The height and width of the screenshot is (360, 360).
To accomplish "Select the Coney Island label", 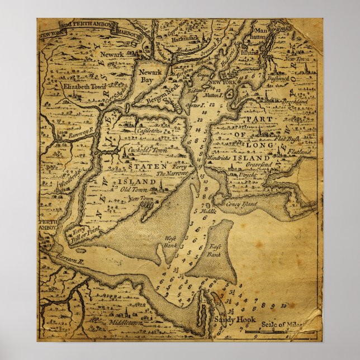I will pyautogui.click(x=241, y=205).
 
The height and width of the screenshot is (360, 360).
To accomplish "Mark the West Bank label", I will pyautogui.click(x=169, y=240).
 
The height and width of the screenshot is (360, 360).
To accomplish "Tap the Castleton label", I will pyautogui.click(x=148, y=131).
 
